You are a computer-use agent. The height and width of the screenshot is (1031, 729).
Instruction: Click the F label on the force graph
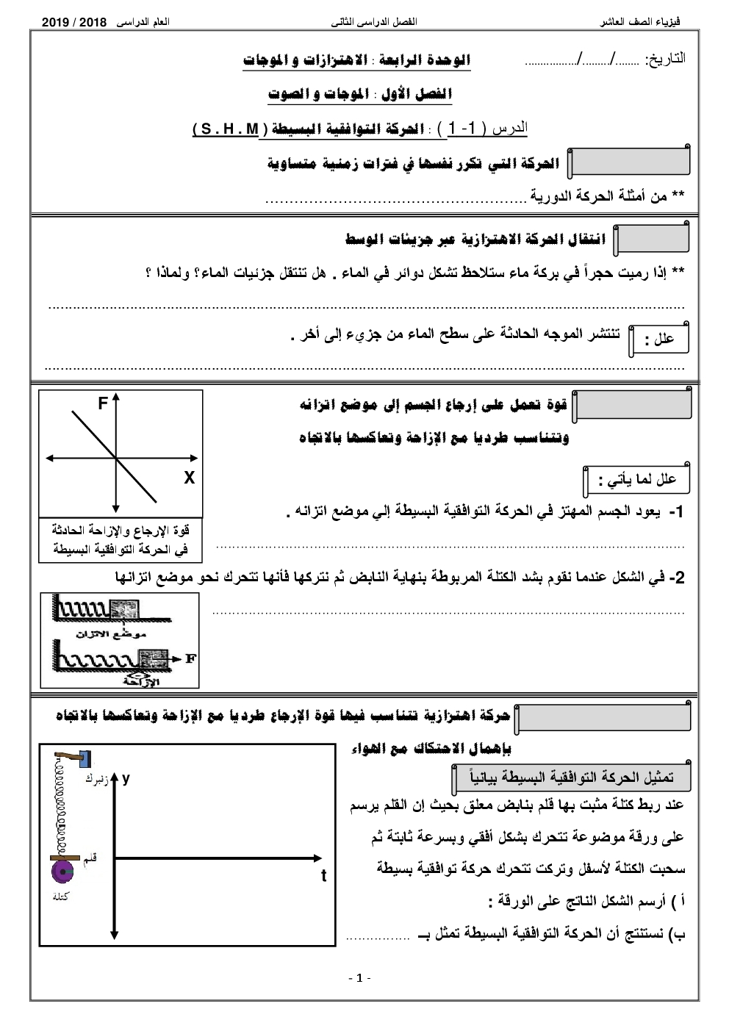[x=103, y=403]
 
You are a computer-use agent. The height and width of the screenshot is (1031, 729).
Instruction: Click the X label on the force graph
[x=189, y=478]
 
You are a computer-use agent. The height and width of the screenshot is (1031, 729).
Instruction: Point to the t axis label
[x=323, y=876]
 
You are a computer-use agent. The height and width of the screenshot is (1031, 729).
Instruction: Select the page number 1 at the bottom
[x=359, y=977]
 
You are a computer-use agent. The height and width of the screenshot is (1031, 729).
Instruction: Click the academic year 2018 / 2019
[x=75, y=23]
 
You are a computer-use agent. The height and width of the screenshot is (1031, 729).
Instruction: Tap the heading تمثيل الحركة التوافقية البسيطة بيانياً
[x=570, y=777]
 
